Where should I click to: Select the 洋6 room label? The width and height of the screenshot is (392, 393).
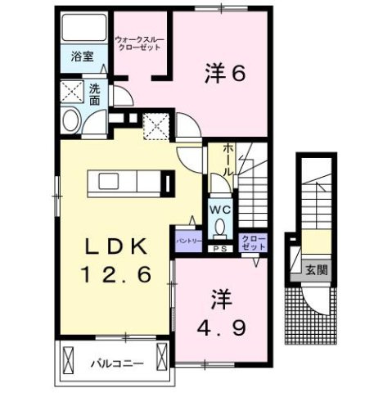point(224,74)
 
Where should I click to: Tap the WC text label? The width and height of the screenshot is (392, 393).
point(219,210)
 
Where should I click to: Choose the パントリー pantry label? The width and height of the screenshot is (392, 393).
point(187,242)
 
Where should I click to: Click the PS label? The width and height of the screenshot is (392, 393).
point(219,248)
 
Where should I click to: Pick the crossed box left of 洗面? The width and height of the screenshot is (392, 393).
point(72,91)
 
